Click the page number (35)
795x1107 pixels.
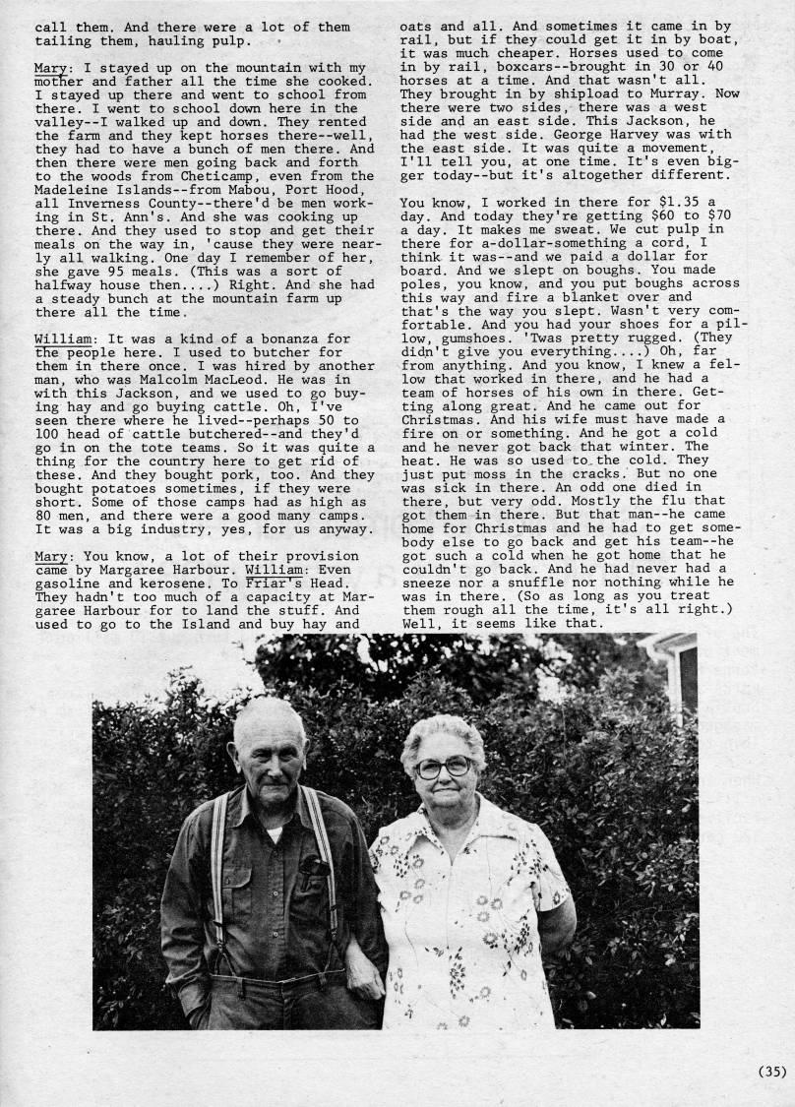[x=771, y=1072]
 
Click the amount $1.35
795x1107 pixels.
[x=681, y=202]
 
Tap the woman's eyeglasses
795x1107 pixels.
[x=443, y=766]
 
